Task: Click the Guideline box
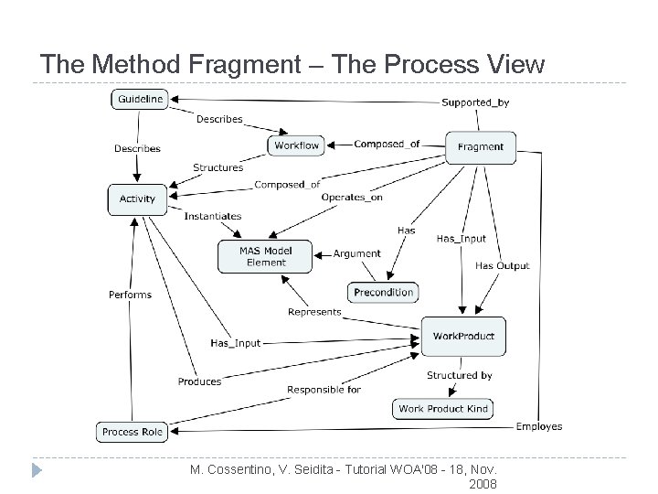click(140, 99)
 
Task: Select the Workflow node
click(297, 145)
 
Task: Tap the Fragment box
click(480, 146)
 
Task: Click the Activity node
click(137, 199)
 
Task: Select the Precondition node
click(384, 293)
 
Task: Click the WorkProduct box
click(463, 336)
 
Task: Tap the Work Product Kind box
click(443, 409)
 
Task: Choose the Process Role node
click(133, 432)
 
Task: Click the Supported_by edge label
click(475, 102)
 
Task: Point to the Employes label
click(539, 426)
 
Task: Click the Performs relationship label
click(130, 295)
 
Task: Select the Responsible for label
click(324, 390)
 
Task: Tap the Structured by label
click(459, 375)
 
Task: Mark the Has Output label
click(502, 266)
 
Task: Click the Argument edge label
click(357, 253)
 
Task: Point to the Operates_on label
click(352, 198)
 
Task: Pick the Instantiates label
click(213, 217)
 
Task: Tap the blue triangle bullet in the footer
click(36, 472)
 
